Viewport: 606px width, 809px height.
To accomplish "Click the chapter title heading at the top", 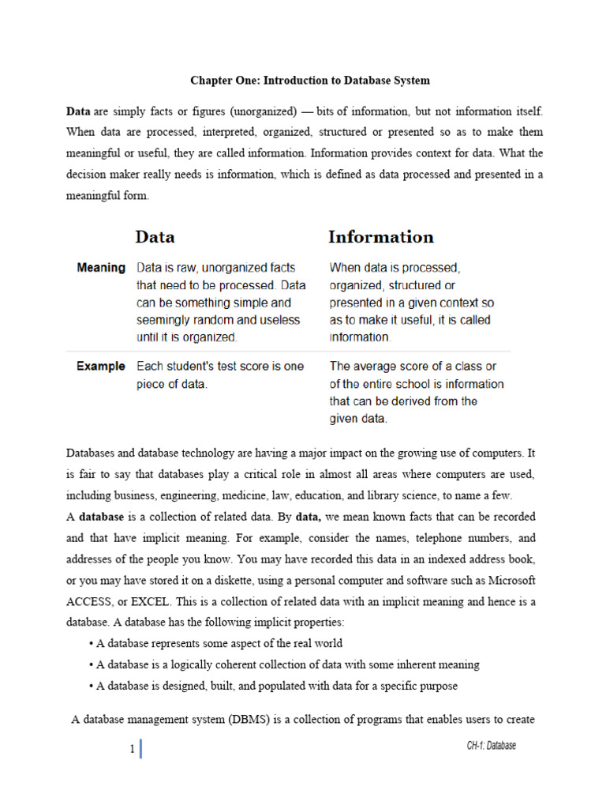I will (310, 81).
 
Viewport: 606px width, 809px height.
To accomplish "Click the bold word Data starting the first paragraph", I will (78, 111).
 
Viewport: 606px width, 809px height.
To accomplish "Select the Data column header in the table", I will (155, 237).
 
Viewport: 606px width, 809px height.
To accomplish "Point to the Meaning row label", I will (101, 268).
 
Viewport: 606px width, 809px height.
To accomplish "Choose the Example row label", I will (101, 367).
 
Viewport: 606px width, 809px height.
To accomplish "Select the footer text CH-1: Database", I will (491, 746).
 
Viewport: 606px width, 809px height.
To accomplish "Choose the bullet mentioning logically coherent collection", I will (287, 664).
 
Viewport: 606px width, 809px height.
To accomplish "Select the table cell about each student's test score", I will (220, 375).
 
